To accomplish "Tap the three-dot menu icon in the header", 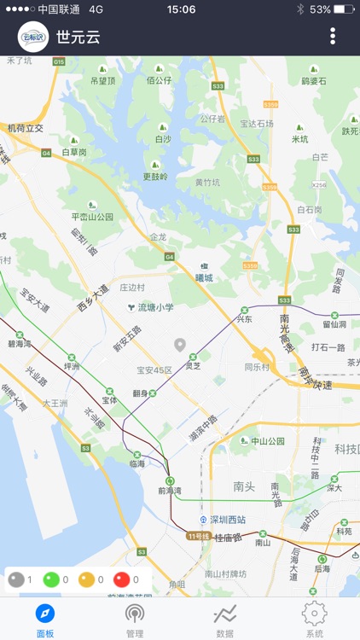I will [x=333, y=36].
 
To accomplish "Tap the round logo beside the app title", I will [x=33, y=37].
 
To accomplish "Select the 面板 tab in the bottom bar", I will [x=45, y=620].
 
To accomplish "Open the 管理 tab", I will [x=135, y=620].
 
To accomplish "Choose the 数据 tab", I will [x=225, y=620].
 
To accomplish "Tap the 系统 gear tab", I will [x=315, y=620].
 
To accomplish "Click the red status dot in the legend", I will [x=122, y=580].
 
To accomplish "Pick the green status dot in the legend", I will [x=51, y=580].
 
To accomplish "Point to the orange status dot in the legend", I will [x=87, y=580].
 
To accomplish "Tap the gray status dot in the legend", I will [x=15, y=580].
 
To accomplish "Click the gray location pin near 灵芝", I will [x=180, y=345].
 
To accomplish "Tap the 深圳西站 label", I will [x=228, y=519].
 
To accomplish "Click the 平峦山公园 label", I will [x=93, y=216].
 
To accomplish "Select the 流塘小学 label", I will [x=154, y=307].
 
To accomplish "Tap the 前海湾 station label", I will [x=171, y=490].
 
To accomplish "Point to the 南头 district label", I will [x=244, y=486].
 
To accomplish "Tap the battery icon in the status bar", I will [x=344, y=9].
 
